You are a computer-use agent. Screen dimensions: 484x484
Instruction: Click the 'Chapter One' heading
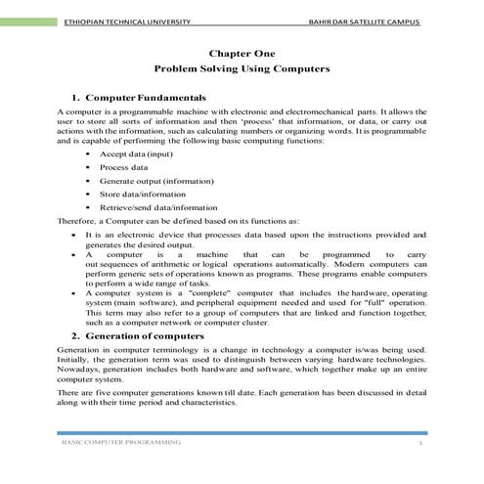click(242, 54)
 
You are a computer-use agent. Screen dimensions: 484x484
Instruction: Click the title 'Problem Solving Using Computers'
click(242, 70)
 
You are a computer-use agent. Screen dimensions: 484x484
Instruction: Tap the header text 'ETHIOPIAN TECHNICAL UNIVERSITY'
click(126, 22)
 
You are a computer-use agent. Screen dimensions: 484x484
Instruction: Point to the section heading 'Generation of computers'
click(148, 335)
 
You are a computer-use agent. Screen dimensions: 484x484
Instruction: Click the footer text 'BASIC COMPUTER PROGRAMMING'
click(119, 443)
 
